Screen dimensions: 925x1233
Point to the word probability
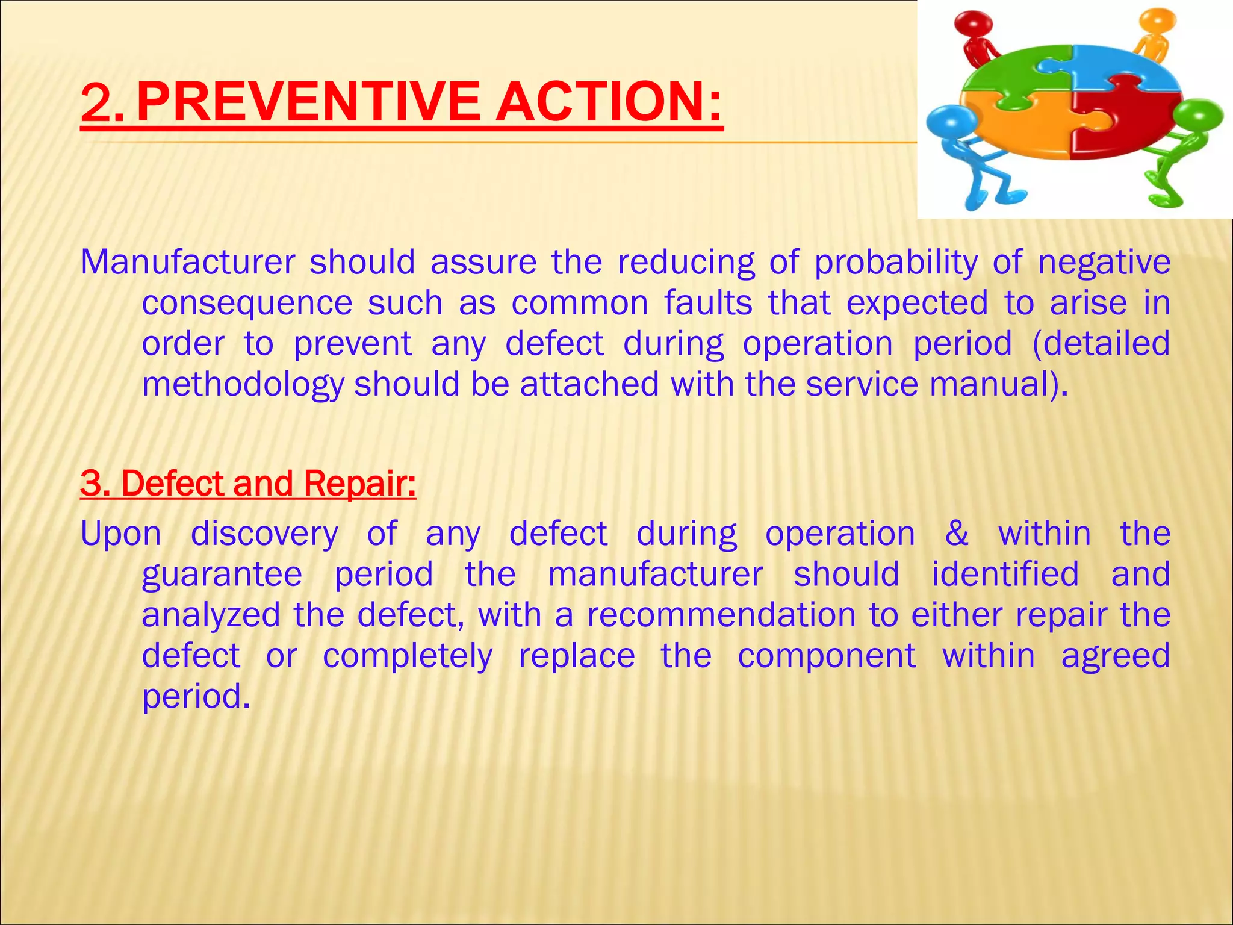[x=896, y=264]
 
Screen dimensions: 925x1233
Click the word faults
[x=708, y=302]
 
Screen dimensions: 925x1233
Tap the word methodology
[x=242, y=385]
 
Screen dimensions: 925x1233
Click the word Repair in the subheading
[x=359, y=483]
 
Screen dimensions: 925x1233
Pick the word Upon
[x=121, y=535]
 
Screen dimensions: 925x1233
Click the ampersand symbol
[x=957, y=534]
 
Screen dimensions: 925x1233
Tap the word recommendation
[x=721, y=615]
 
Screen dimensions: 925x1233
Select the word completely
[x=408, y=656]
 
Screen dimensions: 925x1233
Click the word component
[x=827, y=656]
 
